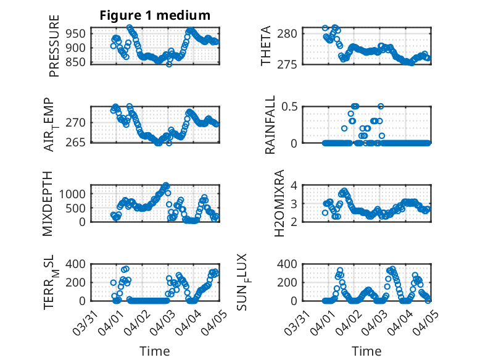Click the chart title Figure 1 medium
click(x=155, y=15)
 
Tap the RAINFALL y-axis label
click(x=270, y=124)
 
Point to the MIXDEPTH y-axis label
click(x=49, y=203)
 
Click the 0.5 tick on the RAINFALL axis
click(x=291, y=106)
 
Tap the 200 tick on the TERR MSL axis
click(x=78, y=282)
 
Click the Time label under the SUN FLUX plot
click(x=366, y=351)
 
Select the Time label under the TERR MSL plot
click(x=155, y=351)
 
